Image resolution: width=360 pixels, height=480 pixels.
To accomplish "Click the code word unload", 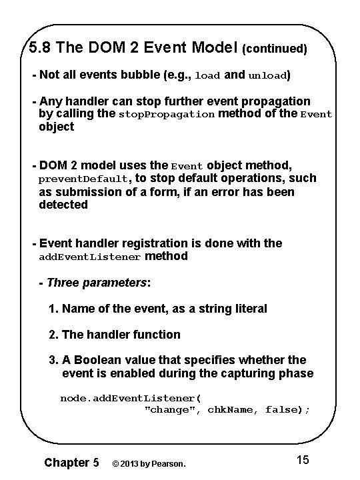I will tap(267, 76).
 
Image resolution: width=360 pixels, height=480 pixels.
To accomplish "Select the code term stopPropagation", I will tap(167, 115).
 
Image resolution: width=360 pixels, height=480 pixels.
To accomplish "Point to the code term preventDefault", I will tap(85, 179).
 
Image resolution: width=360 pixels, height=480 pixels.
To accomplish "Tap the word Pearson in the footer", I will tap(167, 463).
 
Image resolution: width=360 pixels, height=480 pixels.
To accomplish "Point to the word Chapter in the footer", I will tap(66, 462).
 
